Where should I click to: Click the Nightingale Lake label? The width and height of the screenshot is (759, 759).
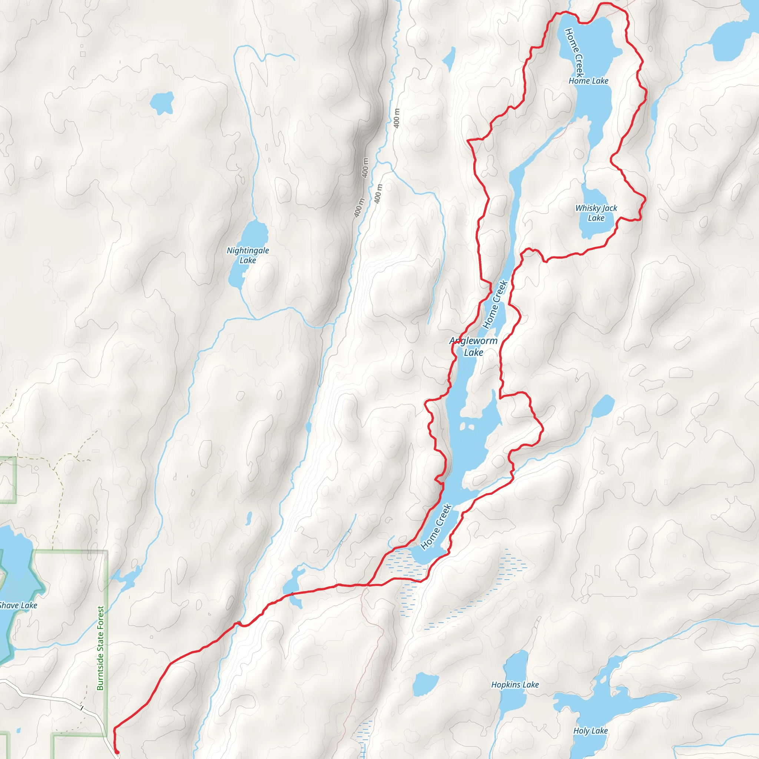(x=248, y=255)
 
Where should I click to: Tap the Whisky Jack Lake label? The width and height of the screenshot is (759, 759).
(x=596, y=212)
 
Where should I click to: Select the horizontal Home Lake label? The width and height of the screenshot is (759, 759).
(x=588, y=81)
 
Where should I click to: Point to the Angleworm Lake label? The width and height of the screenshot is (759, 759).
(x=473, y=347)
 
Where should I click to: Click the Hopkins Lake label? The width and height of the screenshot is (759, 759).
(x=515, y=685)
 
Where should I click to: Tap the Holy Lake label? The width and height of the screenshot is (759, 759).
(x=590, y=731)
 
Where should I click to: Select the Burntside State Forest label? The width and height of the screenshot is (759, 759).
(x=100, y=648)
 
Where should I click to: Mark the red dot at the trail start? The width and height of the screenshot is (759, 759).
(x=117, y=752)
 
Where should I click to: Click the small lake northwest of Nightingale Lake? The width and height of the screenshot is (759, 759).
(x=162, y=102)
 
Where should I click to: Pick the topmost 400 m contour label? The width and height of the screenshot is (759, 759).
(x=397, y=118)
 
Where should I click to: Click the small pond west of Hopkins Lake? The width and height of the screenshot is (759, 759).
(x=425, y=683)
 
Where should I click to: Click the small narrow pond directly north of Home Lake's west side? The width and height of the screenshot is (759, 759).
(x=449, y=57)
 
